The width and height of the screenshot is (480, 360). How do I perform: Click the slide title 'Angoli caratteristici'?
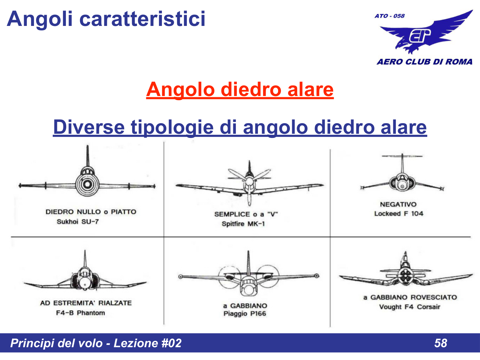click(106, 19)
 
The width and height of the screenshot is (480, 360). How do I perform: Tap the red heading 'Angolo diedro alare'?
click(240, 89)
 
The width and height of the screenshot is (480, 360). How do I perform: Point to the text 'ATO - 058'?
click(389, 16)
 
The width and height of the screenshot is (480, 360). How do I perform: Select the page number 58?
click(440, 343)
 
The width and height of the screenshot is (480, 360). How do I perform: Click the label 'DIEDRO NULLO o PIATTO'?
click(91, 212)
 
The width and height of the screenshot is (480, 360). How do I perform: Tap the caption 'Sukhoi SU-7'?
click(78, 222)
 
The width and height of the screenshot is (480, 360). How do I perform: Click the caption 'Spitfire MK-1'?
click(243, 224)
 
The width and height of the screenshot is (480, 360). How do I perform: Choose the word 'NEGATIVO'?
click(398, 204)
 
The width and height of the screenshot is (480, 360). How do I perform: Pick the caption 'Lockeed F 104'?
click(399, 214)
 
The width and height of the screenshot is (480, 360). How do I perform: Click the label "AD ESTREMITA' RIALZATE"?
click(86, 303)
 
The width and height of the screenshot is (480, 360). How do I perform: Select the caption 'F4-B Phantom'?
click(80, 313)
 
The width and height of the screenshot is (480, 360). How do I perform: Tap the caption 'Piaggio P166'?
click(245, 314)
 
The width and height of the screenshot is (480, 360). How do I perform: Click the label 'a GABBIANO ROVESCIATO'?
click(410, 297)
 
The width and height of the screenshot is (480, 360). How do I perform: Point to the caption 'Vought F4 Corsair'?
click(410, 307)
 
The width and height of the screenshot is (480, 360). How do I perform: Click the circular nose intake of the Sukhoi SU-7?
click(87, 185)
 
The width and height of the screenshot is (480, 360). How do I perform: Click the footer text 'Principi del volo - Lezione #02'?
click(96, 343)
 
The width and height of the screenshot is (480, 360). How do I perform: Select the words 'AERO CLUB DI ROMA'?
click(424, 62)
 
